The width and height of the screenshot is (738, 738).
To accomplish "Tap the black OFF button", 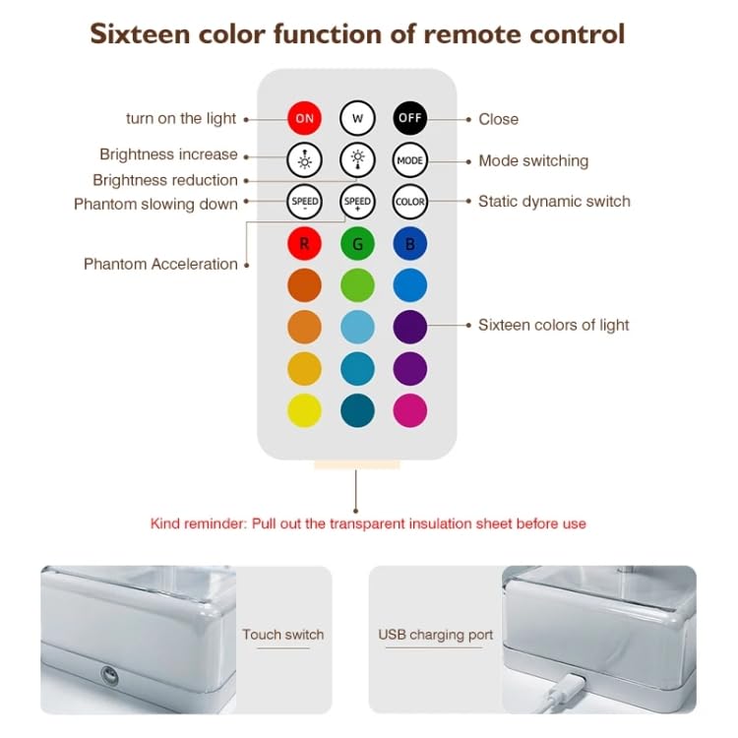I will click(409, 118).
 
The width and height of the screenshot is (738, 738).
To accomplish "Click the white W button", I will click(357, 118).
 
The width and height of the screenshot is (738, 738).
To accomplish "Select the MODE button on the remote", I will click(409, 159).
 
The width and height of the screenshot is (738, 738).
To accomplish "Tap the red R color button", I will click(304, 243).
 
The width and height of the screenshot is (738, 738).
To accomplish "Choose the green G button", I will click(357, 243).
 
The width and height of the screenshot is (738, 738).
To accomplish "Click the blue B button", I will click(409, 243).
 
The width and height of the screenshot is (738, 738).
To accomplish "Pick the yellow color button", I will click(304, 409).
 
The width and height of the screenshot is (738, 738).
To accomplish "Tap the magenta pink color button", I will click(409, 409).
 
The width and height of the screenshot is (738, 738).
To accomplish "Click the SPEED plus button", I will click(357, 202).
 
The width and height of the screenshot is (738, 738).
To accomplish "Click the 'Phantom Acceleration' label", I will click(160, 264).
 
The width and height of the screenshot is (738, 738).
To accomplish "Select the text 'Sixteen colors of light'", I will click(553, 325).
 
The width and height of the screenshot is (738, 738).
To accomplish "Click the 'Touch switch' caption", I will click(283, 635).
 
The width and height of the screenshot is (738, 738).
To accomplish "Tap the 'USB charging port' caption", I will click(436, 635).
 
